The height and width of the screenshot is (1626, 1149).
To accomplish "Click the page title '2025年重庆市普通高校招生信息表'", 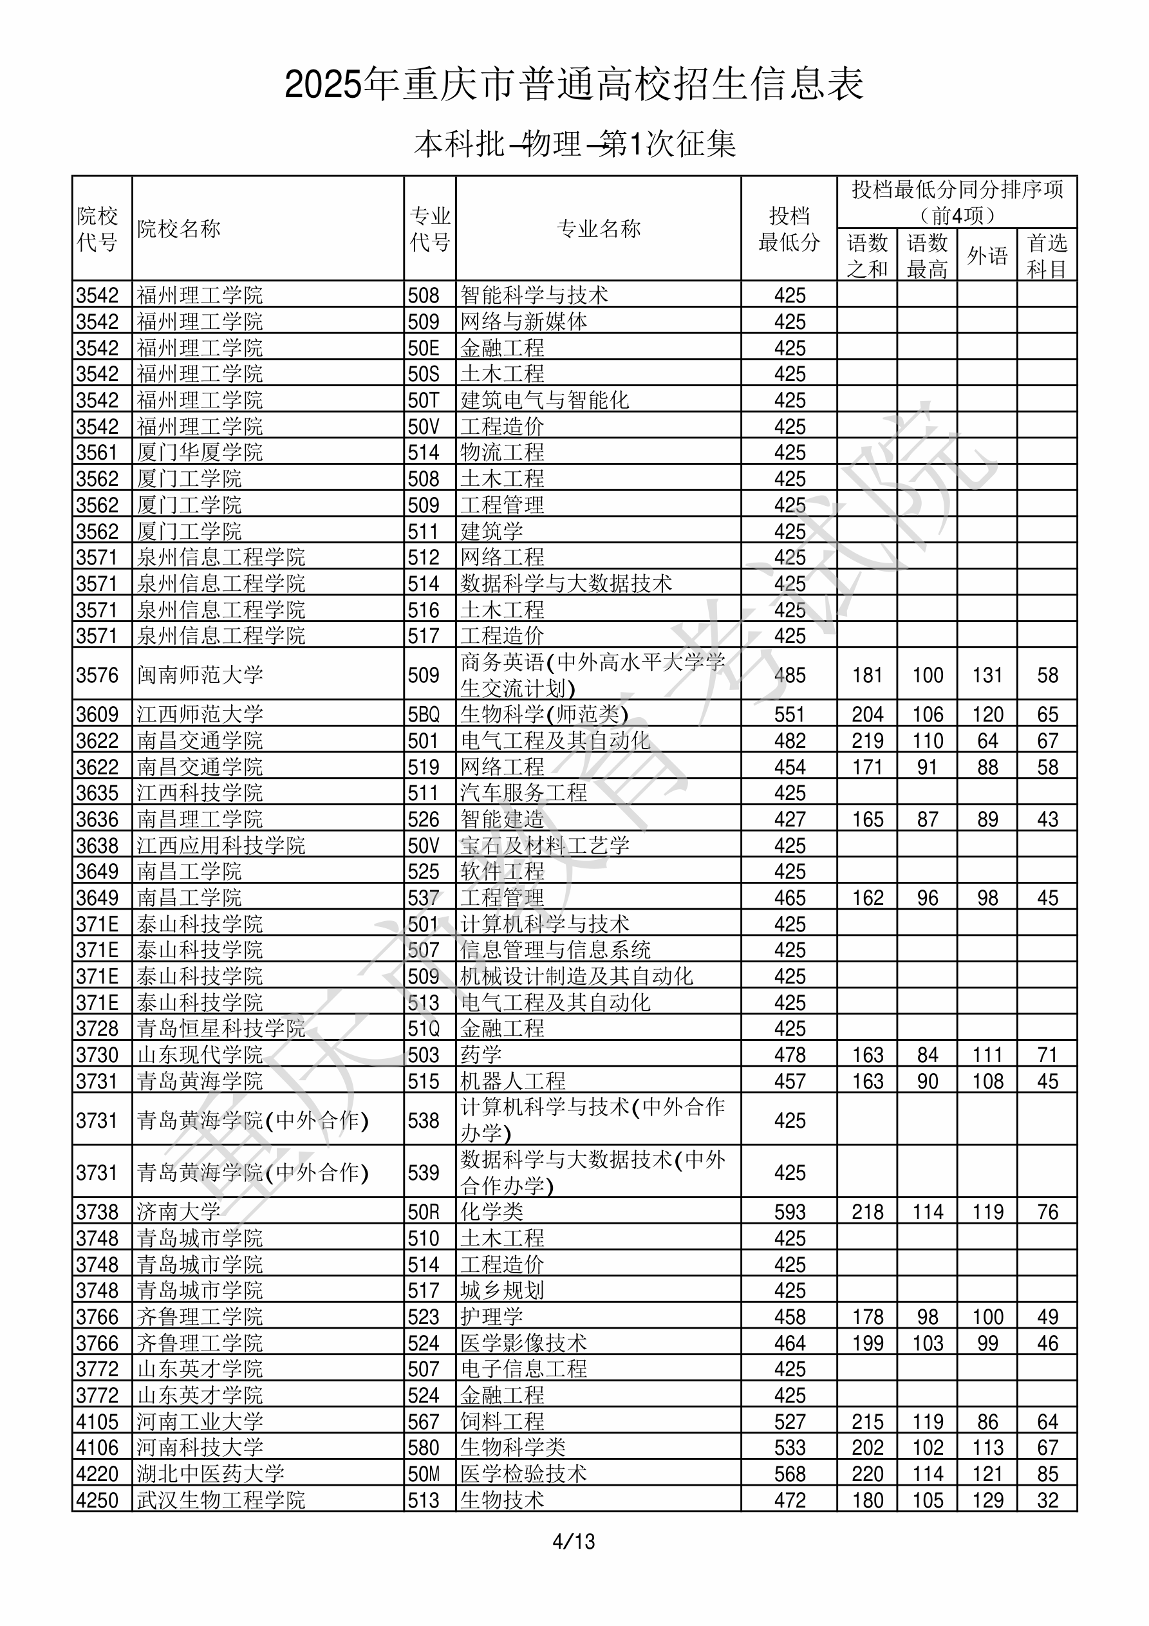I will (574, 85).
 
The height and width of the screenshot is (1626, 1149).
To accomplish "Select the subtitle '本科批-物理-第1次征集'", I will (574, 144).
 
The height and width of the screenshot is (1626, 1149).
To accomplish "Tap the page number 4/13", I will (574, 1541).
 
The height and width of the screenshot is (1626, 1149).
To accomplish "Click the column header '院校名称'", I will (178, 229).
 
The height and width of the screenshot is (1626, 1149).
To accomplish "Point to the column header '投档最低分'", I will (789, 229).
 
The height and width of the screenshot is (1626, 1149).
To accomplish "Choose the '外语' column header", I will (987, 256).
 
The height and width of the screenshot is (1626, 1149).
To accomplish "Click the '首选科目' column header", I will (1047, 256).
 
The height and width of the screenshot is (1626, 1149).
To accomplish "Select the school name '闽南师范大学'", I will (200, 675).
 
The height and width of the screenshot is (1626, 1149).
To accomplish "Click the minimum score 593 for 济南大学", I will (790, 1211).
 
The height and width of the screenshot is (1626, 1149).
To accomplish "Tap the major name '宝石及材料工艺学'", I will (545, 846).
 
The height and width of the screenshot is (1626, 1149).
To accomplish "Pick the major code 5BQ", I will (424, 715).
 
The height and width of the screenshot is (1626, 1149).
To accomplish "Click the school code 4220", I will (98, 1473).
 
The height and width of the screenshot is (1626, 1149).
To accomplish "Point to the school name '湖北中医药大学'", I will (210, 1473).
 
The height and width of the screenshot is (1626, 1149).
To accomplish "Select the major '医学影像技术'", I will (523, 1343).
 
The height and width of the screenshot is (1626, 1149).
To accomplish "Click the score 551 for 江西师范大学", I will (790, 715).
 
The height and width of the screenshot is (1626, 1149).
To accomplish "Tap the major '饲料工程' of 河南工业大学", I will (502, 1421).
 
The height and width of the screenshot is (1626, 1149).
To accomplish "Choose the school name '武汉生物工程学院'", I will (221, 1500).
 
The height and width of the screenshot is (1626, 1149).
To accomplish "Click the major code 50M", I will (424, 1473).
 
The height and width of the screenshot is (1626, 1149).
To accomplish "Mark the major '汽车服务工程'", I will (523, 792).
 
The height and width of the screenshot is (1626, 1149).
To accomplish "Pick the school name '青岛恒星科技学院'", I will (221, 1028).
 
